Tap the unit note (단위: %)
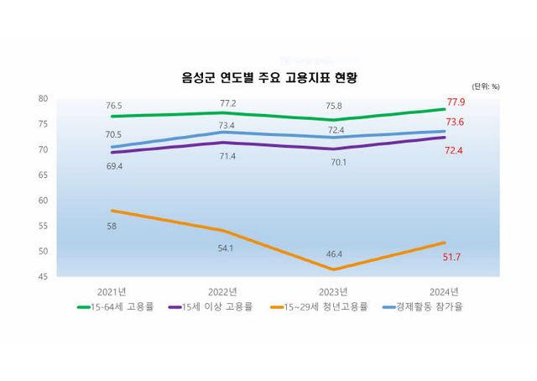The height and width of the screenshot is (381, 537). pyautogui.click(x=485, y=86)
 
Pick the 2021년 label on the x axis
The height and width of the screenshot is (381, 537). pyautogui.click(x=112, y=290)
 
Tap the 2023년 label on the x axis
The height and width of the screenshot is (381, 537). pyautogui.click(x=334, y=290)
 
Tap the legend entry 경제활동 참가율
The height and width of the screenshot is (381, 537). pyautogui.click(x=424, y=306)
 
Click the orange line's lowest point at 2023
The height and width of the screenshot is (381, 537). pyautogui.click(x=334, y=269)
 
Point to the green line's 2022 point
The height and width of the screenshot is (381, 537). pyautogui.click(x=222, y=112)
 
